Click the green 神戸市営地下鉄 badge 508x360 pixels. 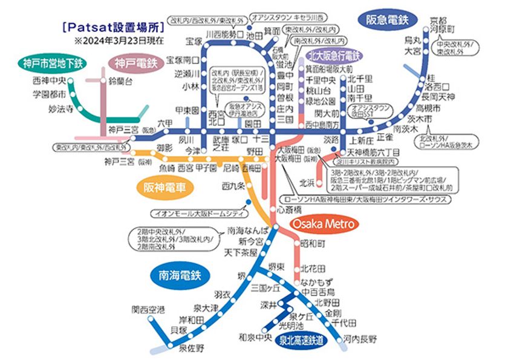point(53,64)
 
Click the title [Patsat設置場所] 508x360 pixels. point(111,27)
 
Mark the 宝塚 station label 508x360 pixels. point(194,41)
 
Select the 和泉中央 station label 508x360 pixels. point(255,336)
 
